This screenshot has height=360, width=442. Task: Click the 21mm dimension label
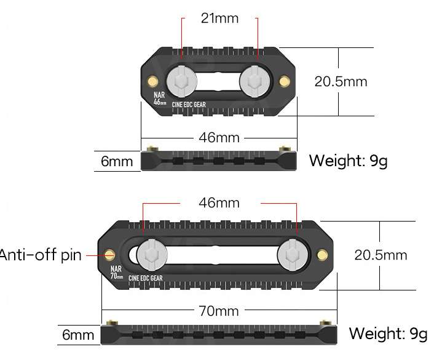tap(219, 18)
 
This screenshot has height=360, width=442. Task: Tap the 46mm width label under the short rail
tap(219, 137)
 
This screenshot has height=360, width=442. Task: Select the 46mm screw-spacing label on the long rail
tap(219, 202)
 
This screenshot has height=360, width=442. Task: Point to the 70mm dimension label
tap(219, 311)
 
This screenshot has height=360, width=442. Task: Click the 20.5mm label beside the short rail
tap(341, 81)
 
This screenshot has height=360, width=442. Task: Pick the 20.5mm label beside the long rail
tap(381, 255)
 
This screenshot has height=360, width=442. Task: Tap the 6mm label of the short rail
tap(117, 162)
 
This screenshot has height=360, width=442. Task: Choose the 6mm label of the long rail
tap(78, 335)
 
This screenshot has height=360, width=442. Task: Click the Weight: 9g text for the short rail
tap(348, 161)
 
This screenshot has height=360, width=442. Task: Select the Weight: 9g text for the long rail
tap(388, 334)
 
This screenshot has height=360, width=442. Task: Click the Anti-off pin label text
tap(41, 255)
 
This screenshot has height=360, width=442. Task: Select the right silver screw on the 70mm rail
tap(290, 254)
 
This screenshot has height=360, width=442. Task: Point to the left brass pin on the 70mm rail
tap(111, 254)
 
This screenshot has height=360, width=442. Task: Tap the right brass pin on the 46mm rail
tap(283, 81)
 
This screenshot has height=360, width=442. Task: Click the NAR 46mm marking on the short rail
tap(159, 99)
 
